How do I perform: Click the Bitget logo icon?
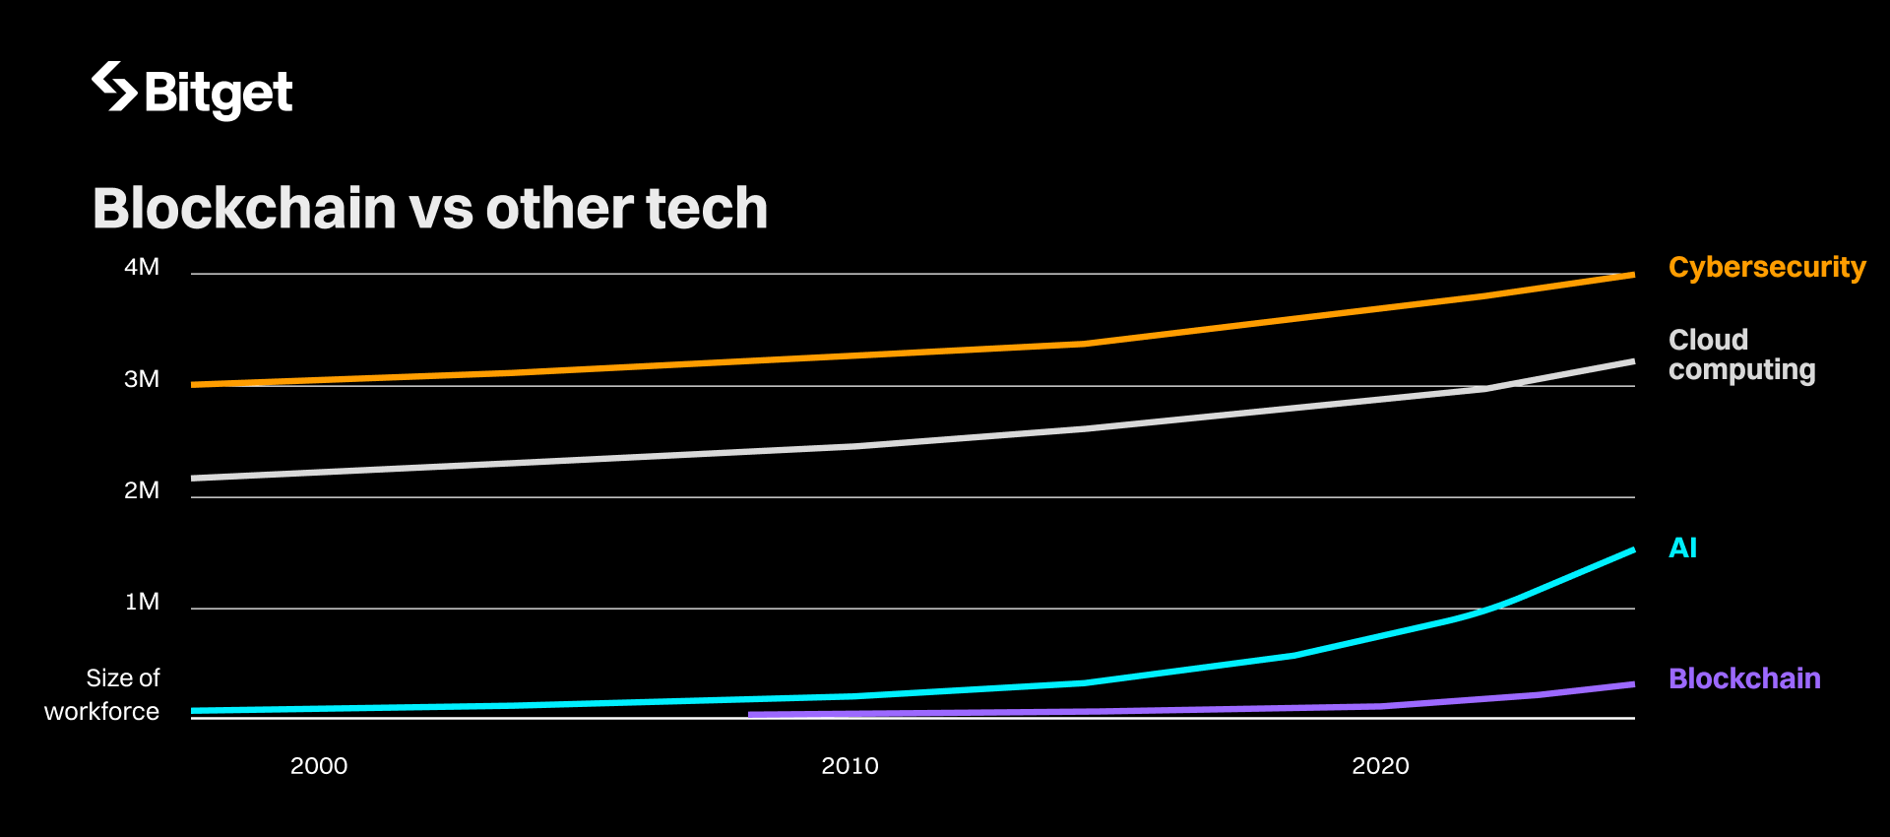coord(113,87)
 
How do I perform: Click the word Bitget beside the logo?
coord(219,94)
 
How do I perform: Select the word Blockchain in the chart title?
coord(244,209)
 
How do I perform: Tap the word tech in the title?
coord(706,209)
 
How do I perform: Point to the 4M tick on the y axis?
coord(142,267)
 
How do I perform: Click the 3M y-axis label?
coord(142,379)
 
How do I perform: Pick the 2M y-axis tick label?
coord(142,490)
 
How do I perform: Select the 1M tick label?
coord(142,602)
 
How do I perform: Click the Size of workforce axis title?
coord(102,694)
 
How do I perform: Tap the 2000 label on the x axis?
coord(319,766)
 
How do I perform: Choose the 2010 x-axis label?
coord(850,766)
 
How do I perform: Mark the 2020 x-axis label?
coord(1380,766)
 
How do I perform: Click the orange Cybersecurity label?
coord(1767,268)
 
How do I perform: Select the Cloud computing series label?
coord(1741,354)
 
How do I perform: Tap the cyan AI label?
coord(1682,547)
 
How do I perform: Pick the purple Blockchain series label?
coord(1744,678)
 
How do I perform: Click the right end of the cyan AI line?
coord(1632,550)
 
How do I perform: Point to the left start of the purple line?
coord(751,714)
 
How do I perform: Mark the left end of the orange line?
coord(194,384)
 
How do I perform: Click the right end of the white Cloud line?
coord(1632,361)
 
